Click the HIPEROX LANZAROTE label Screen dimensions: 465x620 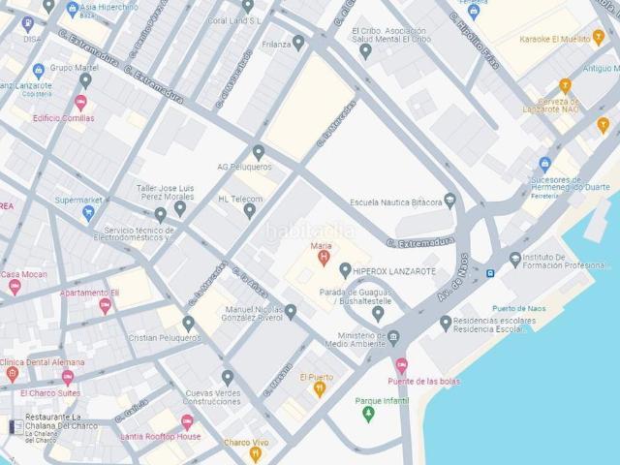pos(394,270)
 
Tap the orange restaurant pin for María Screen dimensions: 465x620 pos(324,258)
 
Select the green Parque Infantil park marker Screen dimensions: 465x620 pos(367,415)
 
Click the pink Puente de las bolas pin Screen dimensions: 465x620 pos(402,366)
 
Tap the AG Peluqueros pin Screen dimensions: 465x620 pos(258,152)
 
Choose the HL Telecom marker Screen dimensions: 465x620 pos(249,210)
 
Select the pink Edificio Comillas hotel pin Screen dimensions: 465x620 pos(80,103)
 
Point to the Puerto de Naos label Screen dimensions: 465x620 pos(521,308)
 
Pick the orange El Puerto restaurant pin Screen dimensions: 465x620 pos(319,389)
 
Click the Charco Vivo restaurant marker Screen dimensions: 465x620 pos(255,453)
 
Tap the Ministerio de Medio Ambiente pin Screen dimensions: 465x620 pos(393,338)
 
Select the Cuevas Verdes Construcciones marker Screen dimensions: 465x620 pos(228,378)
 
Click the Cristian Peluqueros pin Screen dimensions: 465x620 pos(189,324)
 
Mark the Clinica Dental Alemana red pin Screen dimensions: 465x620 pos(13,374)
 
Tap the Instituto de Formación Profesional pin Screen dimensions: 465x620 pos(515,259)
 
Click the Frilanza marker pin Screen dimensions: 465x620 pos(298,43)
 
